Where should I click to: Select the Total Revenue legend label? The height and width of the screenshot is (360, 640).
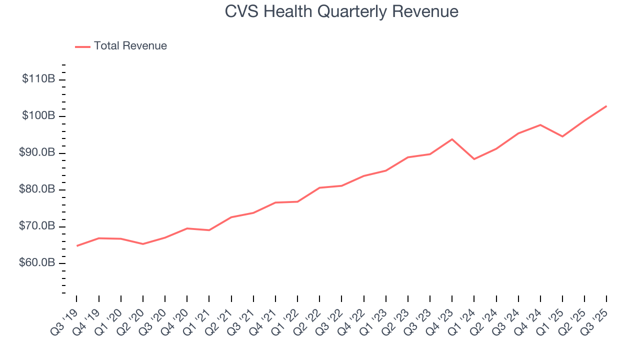[130, 46]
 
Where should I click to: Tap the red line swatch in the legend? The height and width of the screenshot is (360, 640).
[82, 46]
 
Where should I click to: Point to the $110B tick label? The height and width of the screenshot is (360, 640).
[38, 79]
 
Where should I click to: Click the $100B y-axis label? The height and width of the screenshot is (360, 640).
[38, 116]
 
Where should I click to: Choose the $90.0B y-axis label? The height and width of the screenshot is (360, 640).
[37, 153]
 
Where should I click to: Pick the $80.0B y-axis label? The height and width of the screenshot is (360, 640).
[37, 189]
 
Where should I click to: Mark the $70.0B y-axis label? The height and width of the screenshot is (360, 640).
[37, 226]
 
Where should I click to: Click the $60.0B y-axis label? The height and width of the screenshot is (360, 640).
[37, 263]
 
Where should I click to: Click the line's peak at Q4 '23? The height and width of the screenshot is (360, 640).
[452, 139]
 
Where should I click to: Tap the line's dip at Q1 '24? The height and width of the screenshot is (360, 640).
[474, 159]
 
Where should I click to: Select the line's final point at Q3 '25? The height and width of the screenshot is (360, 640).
[606, 106]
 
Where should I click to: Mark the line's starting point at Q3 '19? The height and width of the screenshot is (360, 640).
[77, 246]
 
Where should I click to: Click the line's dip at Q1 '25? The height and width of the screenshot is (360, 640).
[562, 136]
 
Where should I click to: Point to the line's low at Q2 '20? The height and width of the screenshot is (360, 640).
[143, 244]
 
